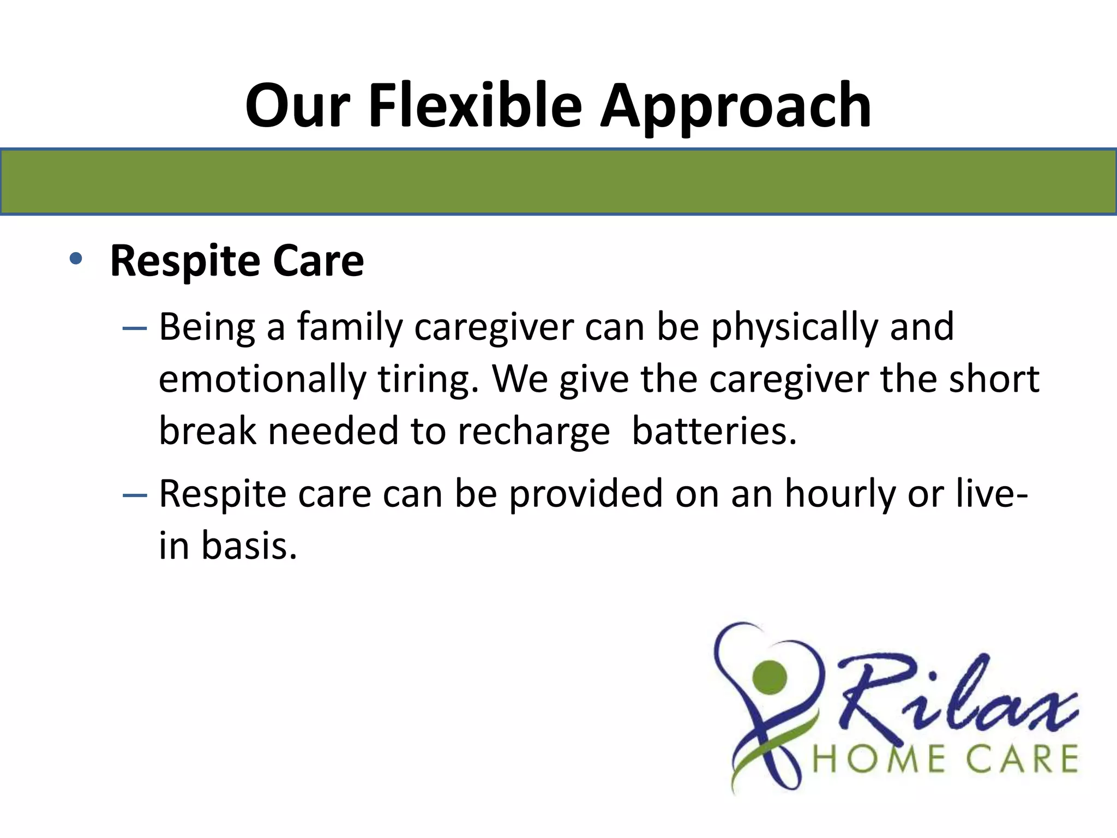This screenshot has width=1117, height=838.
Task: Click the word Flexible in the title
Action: pos(475,105)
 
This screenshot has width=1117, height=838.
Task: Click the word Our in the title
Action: pos(297,105)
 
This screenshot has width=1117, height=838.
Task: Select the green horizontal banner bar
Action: pos(558,182)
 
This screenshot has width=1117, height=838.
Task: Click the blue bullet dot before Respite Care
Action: pos(76,259)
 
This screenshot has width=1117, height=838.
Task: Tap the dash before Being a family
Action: pos(135,328)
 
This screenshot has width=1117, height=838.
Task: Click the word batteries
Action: pos(714,431)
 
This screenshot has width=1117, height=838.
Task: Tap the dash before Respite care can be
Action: pos(135,495)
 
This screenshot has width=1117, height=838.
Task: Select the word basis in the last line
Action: pos(249,546)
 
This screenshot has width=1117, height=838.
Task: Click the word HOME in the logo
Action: pos(879,760)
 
